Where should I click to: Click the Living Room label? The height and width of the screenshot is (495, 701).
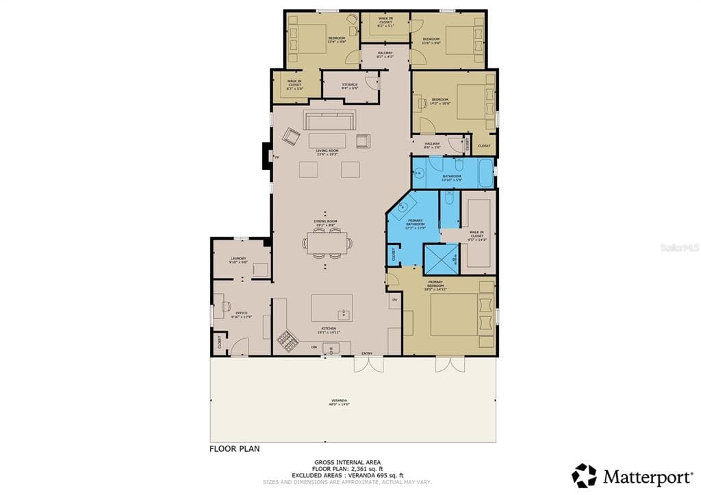pos(327,152)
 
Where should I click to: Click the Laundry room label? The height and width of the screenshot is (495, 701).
pos(238,259)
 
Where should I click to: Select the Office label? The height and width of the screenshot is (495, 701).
pos(242,314)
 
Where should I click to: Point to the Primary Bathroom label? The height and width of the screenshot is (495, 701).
pos(416,223)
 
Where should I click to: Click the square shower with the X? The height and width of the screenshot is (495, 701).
pos(440,258)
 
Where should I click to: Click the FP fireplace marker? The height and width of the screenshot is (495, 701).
pos(277,158)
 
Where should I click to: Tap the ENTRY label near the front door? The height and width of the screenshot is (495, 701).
pos(367,353)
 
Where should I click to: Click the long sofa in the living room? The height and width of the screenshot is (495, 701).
pos(330,121)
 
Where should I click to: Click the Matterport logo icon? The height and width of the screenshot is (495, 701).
pos(584,476)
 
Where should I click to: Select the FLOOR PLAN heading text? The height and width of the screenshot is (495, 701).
pos(235,449)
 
